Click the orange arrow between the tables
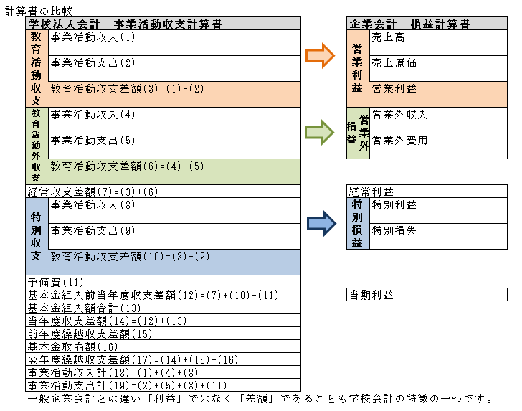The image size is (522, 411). click(x=320, y=56)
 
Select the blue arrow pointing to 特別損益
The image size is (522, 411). click(x=320, y=223)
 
